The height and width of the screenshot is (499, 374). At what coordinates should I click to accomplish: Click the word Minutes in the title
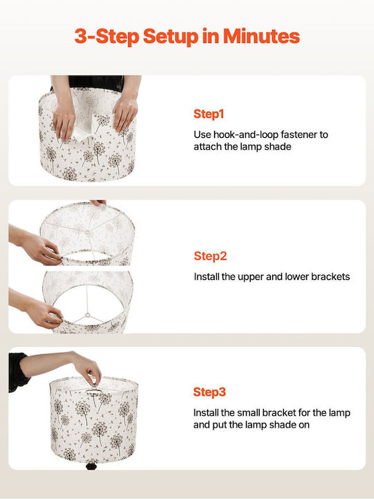click(261, 36)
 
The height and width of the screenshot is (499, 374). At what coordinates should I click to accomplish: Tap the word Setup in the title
click(170, 37)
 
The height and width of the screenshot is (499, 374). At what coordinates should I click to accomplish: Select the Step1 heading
click(208, 114)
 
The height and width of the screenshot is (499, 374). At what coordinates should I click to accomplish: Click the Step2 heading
click(211, 256)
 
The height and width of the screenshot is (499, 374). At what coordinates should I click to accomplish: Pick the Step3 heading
click(210, 392)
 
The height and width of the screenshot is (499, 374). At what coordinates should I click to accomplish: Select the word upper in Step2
click(251, 277)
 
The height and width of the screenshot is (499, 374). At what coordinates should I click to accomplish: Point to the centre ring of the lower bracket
click(87, 315)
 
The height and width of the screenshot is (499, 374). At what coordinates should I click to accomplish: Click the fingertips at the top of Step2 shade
click(98, 202)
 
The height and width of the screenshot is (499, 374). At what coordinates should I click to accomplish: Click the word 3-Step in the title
click(107, 37)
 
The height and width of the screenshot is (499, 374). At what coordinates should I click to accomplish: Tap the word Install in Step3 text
click(206, 413)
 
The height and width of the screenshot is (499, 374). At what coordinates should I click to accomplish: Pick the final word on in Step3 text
click(304, 426)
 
